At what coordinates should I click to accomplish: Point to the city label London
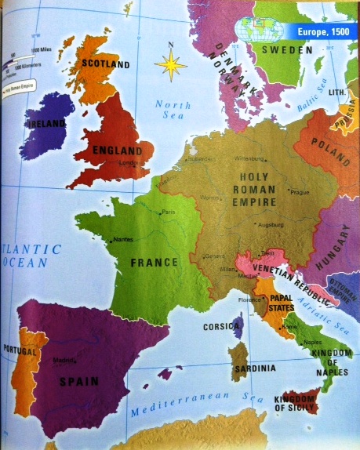point(129,164)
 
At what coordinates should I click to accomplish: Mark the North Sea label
point(172,110)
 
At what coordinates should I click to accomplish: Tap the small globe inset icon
point(264,30)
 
